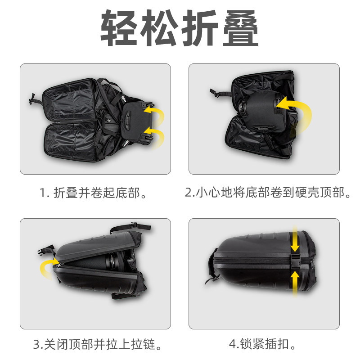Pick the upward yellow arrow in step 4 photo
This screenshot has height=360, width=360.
(x=294, y=282)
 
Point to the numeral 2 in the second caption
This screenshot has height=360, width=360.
(x=189, y=193)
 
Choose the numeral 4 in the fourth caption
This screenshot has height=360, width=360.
(x=233, y=345)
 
